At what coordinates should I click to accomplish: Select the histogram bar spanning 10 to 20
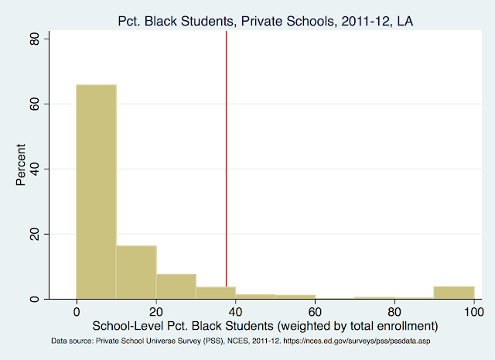click(x=136, y=272)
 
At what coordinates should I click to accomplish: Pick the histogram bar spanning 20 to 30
click(x=176, y=286)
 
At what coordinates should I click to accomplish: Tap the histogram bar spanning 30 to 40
click(x=215, y=292)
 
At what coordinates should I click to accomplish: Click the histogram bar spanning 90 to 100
click(x=454, y=292)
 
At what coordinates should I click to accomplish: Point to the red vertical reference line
click(x=226, y=155)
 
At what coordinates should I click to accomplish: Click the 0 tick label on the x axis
click(x=76, y=312)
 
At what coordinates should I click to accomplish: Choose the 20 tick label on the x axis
click(x=155, y=312)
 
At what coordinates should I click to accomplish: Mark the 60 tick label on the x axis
click(x=315, y=312)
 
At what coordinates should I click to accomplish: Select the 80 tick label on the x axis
click(x=394, y=312)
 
